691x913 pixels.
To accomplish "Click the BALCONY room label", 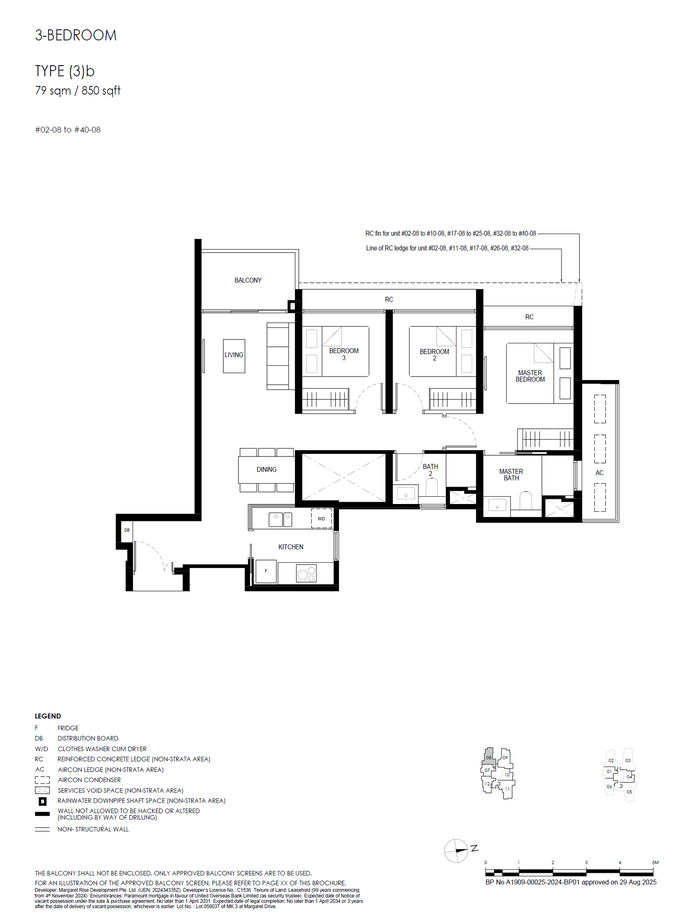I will click(247, 280).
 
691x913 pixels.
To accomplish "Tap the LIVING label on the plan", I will click(234, 355).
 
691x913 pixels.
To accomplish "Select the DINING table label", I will click(266, 469).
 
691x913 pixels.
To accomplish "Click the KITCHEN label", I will click(291, 547).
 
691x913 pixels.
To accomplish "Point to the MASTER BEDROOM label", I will click(530, 376).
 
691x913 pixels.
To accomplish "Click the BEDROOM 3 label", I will click(344, 354).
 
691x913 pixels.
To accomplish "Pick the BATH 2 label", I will click(430, 470).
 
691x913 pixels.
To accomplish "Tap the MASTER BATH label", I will click(511, 475).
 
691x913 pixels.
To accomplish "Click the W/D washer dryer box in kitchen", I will click(321, 519).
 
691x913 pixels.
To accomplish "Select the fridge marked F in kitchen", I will click(266, 571).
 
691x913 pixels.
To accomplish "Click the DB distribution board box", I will click(127, 530).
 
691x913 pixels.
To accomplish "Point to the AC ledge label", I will click(599, 472).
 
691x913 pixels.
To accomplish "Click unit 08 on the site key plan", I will click(488, 758).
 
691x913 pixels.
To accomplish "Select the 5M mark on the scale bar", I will click(655, 862).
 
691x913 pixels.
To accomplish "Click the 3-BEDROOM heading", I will click(76, 35).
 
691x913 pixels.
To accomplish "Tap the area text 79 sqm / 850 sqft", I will click(78, 91).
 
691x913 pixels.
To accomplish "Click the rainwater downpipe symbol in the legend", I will click(42, 801).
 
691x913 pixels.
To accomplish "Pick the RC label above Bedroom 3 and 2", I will click(389, 299).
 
